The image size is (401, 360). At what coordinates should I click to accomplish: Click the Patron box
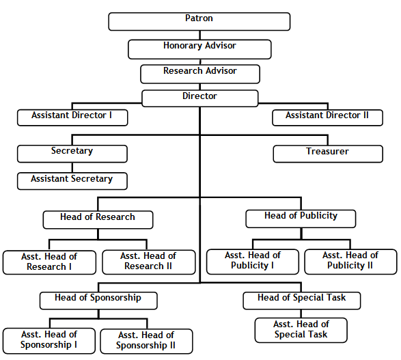tap(199, 22)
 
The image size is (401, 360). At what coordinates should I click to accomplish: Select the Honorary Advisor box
tap(199, 49)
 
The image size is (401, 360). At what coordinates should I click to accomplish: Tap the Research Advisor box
tap(200, 74)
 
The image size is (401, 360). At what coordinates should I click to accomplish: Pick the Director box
tap(199, 98)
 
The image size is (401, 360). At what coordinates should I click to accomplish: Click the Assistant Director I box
tap(72, 117)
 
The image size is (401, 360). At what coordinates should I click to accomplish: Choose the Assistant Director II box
tap(327, 117)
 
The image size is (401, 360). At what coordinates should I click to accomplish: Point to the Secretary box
tap(72, 154)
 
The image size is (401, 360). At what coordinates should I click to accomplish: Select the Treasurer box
tap(328, 154)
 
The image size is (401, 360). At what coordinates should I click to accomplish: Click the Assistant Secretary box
tap(72, 181)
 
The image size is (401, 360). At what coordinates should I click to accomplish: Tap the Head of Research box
tap(98, 220)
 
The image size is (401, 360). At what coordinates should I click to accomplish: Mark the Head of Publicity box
tap(301, 219)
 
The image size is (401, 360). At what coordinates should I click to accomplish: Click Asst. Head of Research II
tap(149, 262)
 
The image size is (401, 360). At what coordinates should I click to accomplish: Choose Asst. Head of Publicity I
tap(252, 262)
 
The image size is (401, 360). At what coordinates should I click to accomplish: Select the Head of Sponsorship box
tap(98, 301)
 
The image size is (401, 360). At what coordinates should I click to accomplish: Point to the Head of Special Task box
tap(302, 301)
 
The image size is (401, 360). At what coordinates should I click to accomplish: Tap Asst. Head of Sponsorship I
tap(49, 341)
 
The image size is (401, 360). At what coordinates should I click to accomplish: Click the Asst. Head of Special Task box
tap(301, 331)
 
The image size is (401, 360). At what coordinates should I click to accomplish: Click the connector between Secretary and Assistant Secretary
tap(72, 168)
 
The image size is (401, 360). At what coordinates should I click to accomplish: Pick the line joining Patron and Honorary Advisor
tap(199, 36)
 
